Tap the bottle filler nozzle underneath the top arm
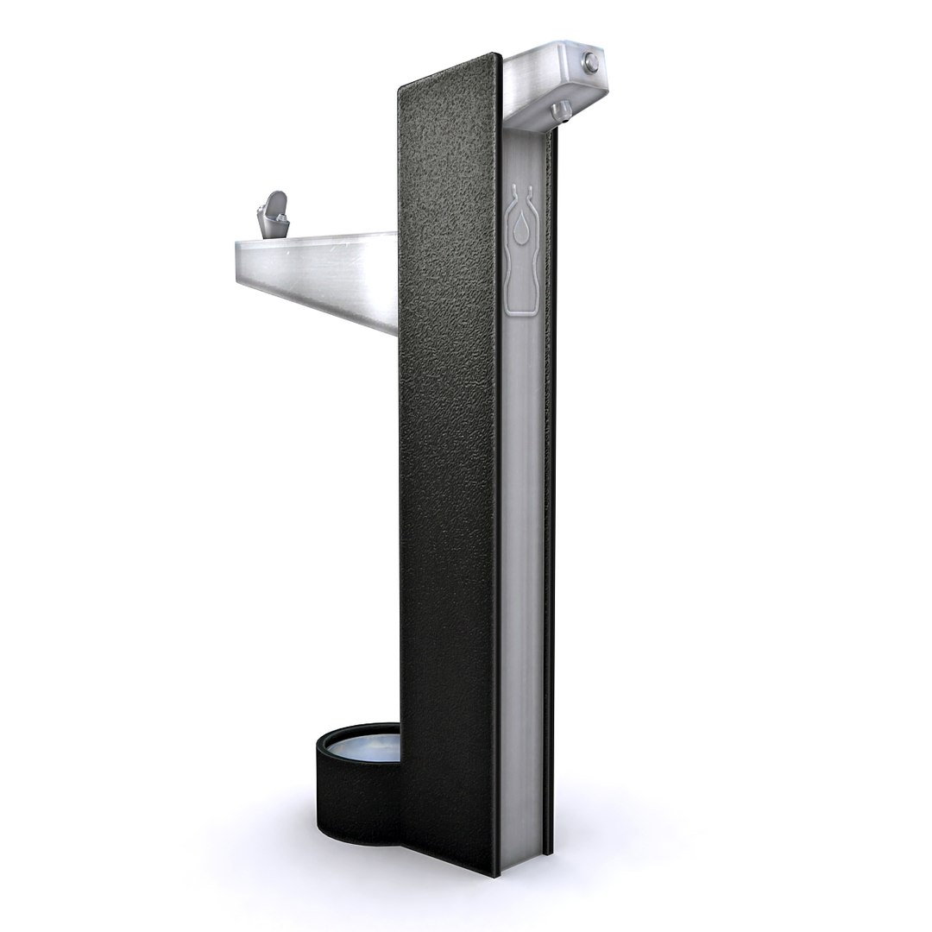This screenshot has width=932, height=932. point(560,110)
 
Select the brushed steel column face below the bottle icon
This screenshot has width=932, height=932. point(524,561)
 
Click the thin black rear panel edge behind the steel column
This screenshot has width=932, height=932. point(551,518)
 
